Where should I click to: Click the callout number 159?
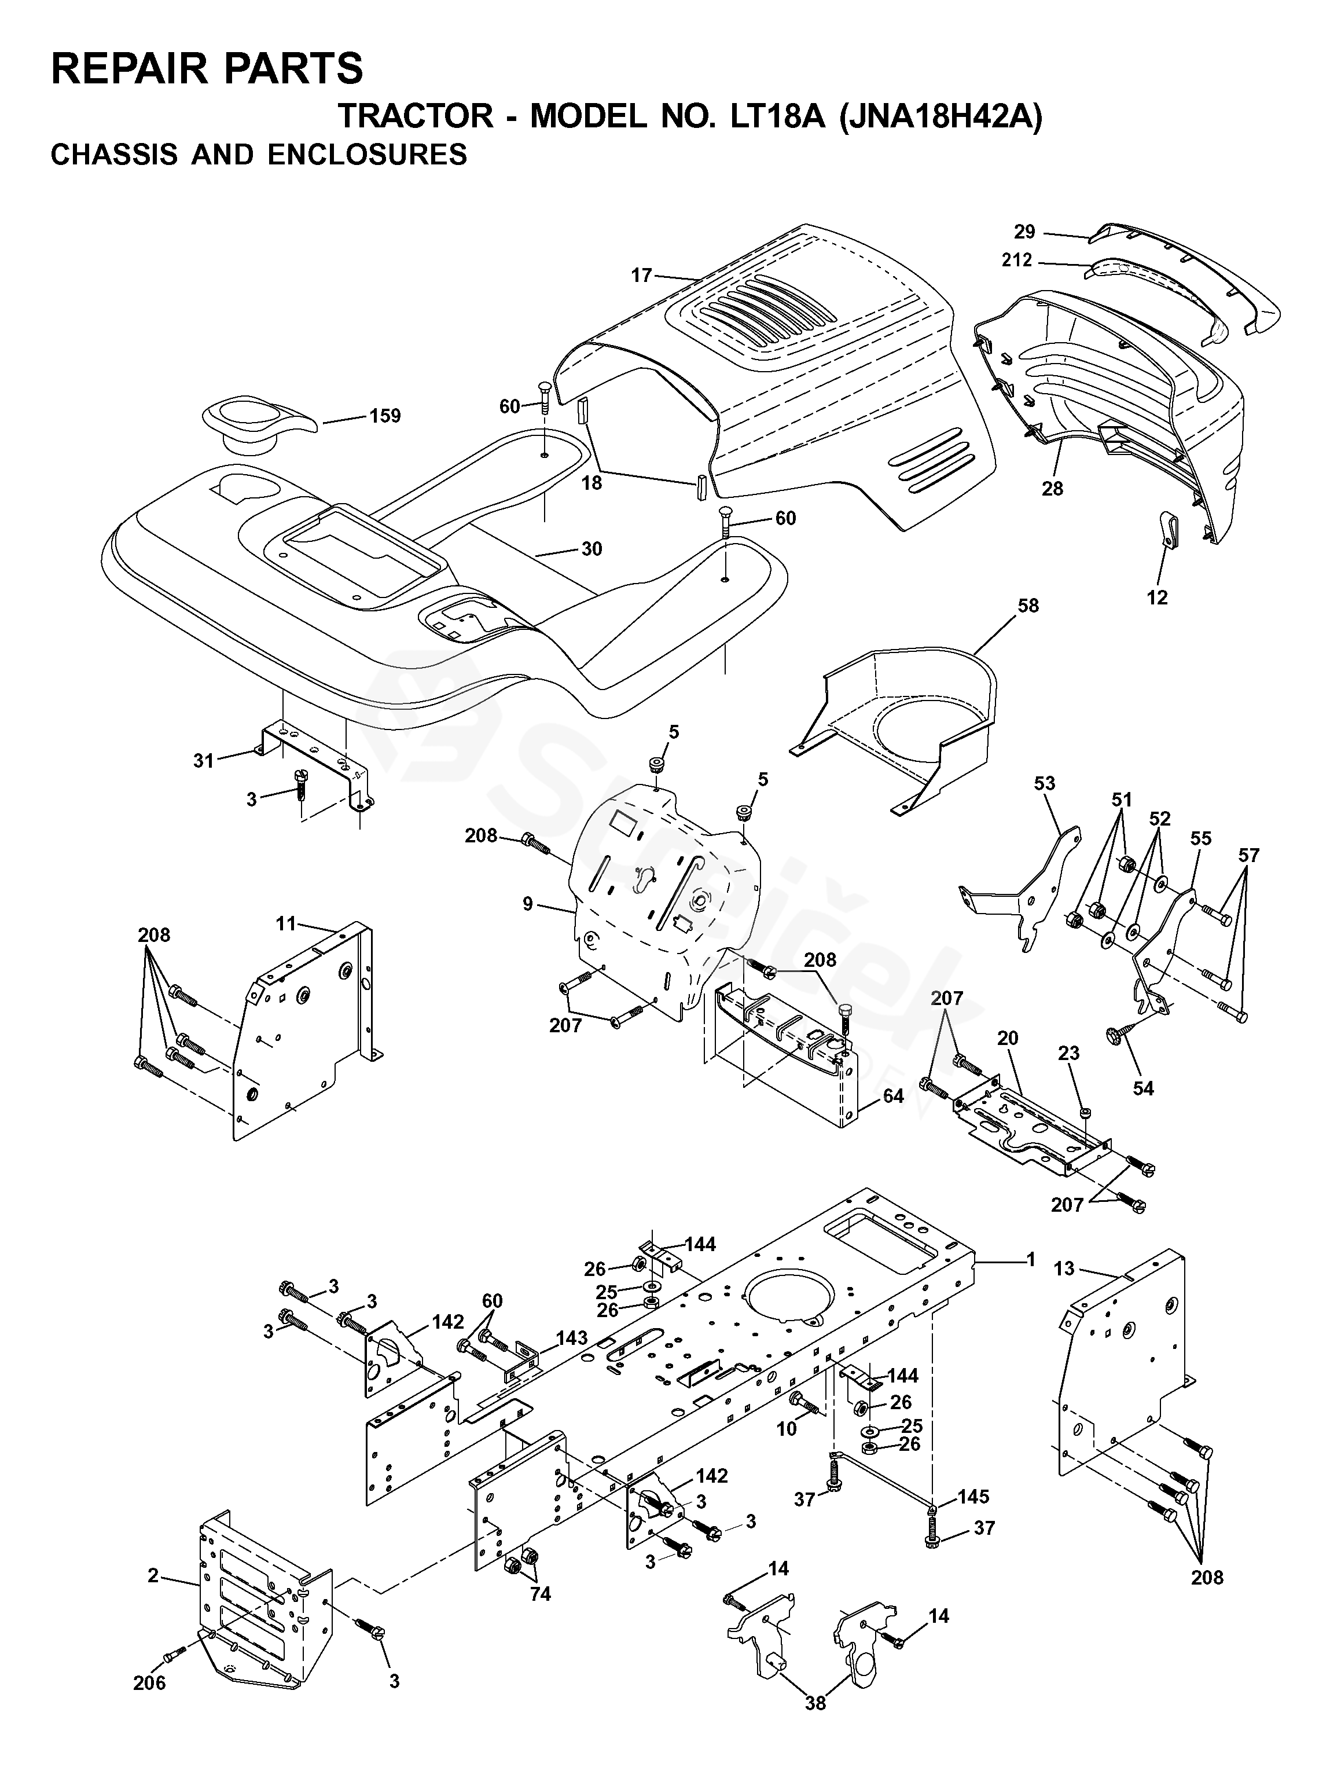coord(384,416)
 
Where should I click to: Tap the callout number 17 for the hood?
coord(641,276)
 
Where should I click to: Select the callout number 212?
coord(1017,260)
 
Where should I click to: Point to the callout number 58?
coord(1027,606)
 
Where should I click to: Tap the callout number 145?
coord(973,1497)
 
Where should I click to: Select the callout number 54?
coord(1142,1088)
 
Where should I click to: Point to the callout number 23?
coord(1069,1054)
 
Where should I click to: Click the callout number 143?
coord(572,1338)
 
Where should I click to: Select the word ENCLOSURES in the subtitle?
coord(368,154)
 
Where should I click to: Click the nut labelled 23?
coord(1086,1113)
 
